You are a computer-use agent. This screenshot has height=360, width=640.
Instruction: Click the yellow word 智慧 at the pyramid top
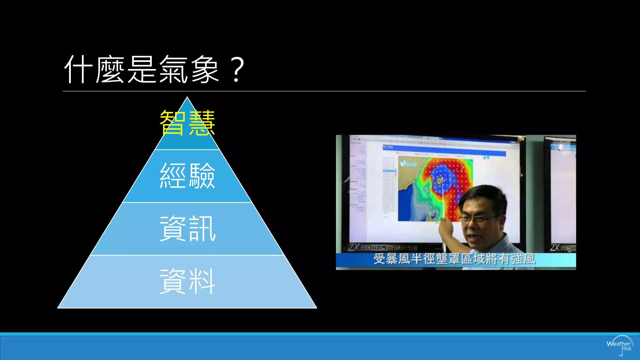click(187, 123)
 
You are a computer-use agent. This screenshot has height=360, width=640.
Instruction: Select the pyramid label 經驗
click(187, 176)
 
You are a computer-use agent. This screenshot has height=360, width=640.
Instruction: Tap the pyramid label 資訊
click(187, 229)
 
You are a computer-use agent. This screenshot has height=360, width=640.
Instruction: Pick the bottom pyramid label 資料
click(187, 281)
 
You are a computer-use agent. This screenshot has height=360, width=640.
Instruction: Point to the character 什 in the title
click(78, 69)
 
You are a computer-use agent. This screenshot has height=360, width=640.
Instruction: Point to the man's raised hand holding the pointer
click(445, 230)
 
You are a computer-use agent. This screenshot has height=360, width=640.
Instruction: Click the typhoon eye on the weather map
click(439, 181)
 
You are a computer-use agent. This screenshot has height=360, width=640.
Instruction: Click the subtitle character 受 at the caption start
click(379, 259)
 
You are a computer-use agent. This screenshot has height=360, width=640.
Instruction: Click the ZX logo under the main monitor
click(354, 247)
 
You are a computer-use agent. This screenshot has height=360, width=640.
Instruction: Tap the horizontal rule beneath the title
click(324, 91)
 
